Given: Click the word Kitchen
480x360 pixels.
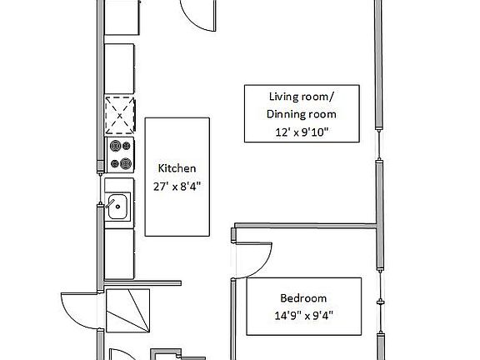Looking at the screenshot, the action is [177, 168].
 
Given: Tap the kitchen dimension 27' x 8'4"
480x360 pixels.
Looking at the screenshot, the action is [177, 186].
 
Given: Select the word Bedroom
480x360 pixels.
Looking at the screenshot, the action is [303, 298].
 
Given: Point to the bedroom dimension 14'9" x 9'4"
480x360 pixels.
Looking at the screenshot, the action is [303, 315].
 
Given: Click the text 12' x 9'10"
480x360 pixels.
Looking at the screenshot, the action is [302, 132].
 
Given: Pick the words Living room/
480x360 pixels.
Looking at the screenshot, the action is [302, 97].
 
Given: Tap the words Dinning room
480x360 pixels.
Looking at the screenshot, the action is [302, 114].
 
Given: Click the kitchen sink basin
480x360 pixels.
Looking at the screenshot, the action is [117, 207].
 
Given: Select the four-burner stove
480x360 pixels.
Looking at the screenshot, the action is [120, 155].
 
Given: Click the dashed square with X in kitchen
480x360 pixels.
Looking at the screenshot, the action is [120, 116].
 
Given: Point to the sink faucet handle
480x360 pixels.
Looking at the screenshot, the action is [110, 203].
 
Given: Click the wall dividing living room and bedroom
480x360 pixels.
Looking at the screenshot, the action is [305, 226].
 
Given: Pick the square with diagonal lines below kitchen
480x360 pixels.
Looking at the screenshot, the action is [128, 311].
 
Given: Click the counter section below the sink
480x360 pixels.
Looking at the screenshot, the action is [119, 254].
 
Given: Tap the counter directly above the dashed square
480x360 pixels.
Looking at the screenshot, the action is [119, 68].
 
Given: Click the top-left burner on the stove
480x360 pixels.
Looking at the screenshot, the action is [115, 146].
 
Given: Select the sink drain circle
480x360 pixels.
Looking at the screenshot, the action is [117, 207].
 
